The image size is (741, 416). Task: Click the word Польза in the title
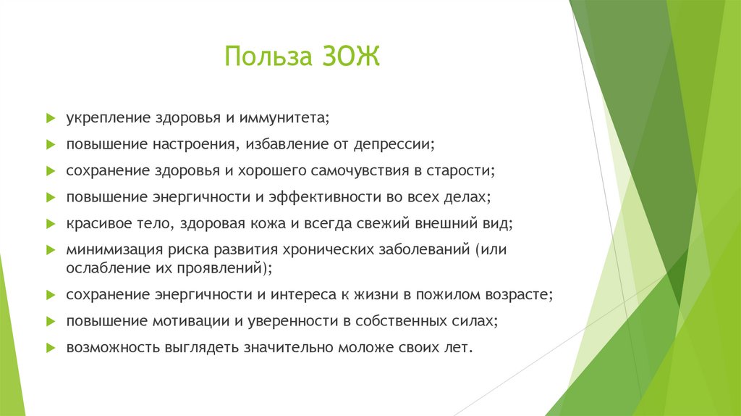click(265, 57)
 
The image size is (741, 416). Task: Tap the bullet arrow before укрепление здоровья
click(51, 117)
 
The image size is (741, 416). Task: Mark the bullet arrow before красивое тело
click(51, 223)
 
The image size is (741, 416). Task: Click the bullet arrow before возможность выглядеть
click(51, 347)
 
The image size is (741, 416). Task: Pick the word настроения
click(190, 144)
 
